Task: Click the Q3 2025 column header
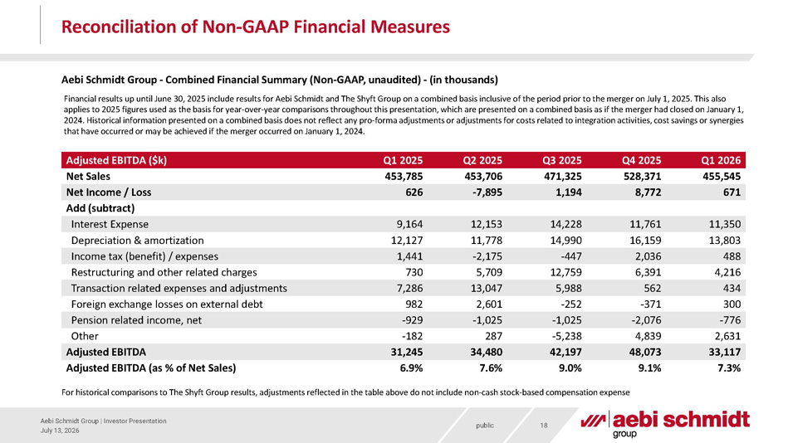tap(561, 160)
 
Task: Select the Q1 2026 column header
tap(721, 160)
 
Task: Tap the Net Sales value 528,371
tap(641, 177)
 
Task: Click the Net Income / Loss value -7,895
tap(483, 192)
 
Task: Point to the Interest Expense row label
tap(110, 224)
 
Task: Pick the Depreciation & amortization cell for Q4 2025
tap(644, 240)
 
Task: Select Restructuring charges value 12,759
tap(565, 272)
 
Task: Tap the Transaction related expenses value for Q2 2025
tap(486, 289)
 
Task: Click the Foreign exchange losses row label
tap(167, 304)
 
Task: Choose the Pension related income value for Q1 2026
tap(729, 320)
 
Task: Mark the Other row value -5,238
tap(567, 336)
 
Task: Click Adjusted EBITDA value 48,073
tap(643, 352)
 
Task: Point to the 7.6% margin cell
tap(491, 368)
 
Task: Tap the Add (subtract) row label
tap(100, 208)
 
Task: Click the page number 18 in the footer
tap(544, 426)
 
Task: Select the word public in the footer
tap(485, 426)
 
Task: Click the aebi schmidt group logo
tap(665, 424)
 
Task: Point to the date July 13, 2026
tap(60, 431)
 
